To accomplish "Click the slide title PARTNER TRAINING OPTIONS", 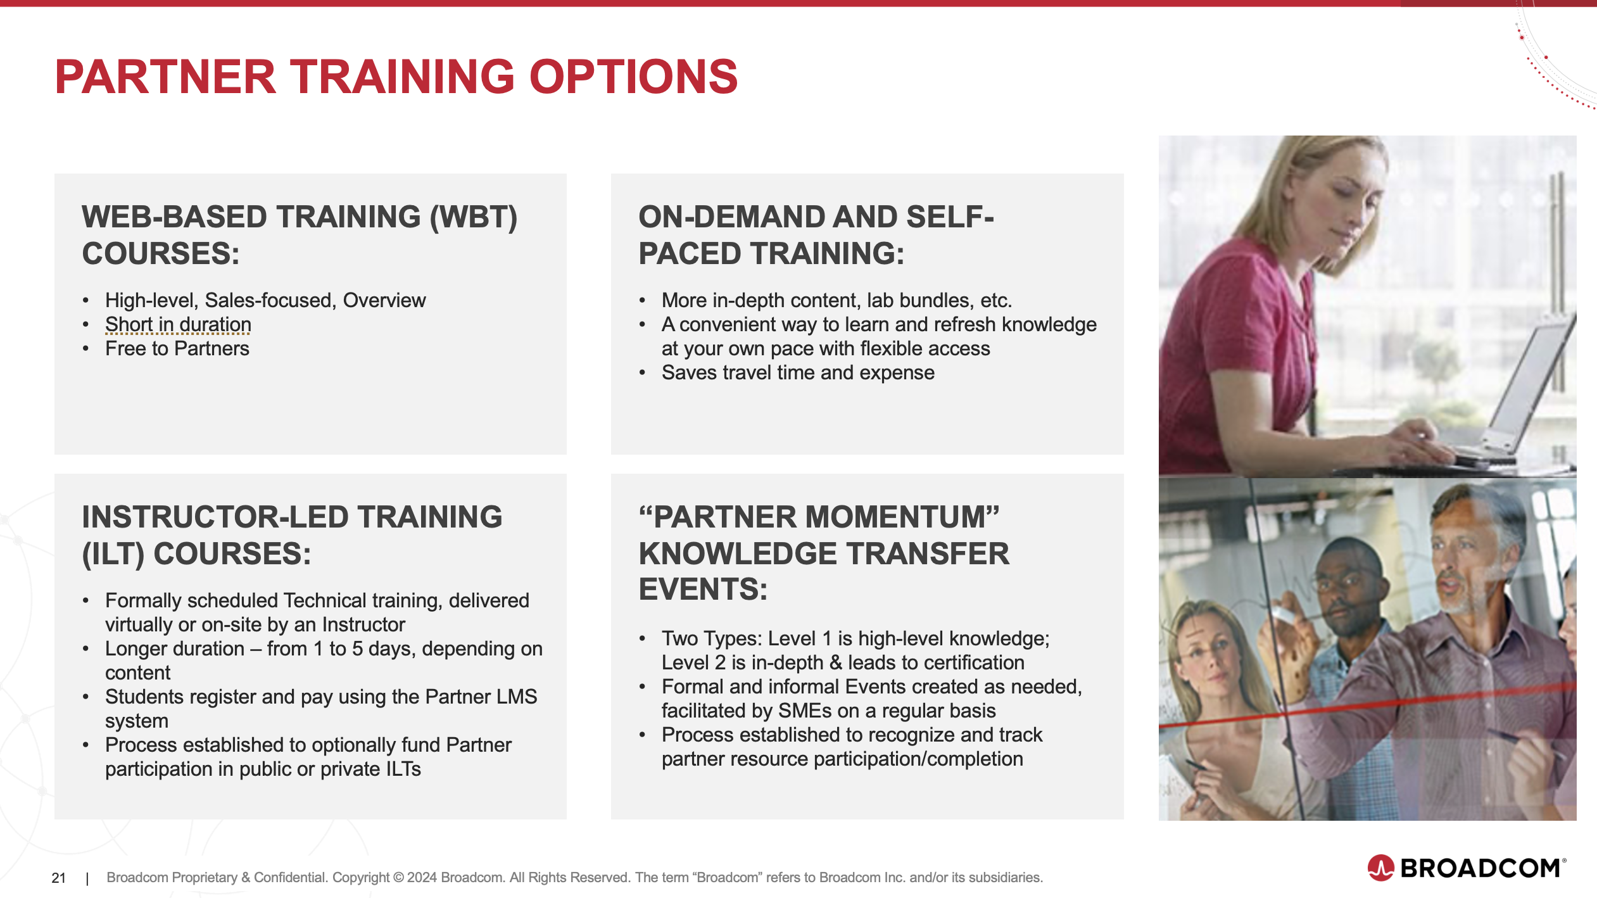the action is (x=396, y=77).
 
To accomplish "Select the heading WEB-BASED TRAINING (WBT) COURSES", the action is (x=300, y=235).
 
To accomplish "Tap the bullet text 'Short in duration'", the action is (x=178, y=324).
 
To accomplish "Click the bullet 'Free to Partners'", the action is (x=177, y=348).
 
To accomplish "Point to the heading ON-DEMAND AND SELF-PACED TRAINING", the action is (x=816, y=235).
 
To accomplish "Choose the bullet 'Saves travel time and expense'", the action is (x=798, y=372).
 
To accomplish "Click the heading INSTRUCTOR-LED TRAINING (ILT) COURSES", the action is (x=292, y=535).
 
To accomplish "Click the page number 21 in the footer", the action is (x=59, y=878).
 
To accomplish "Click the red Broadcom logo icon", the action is (x=1381, y=868).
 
